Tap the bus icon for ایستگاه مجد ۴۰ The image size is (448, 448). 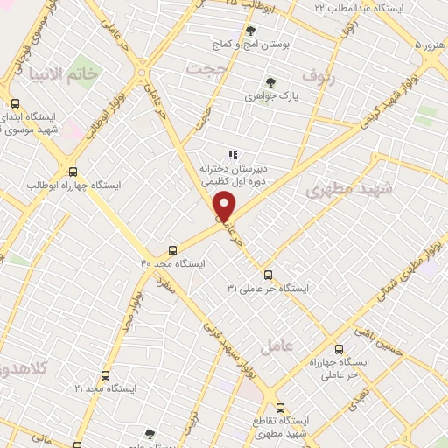point(172,248)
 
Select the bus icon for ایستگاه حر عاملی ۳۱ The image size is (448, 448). point(267,273)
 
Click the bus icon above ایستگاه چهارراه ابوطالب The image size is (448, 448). point(73,171)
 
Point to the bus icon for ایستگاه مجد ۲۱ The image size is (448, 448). point(105,374)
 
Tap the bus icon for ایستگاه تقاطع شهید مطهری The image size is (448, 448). point(280,408)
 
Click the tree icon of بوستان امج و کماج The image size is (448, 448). point(250,31)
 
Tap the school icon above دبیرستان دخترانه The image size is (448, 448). point(233,155)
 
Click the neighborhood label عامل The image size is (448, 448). point(276,347)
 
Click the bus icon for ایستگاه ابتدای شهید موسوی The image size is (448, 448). point(15,103)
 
